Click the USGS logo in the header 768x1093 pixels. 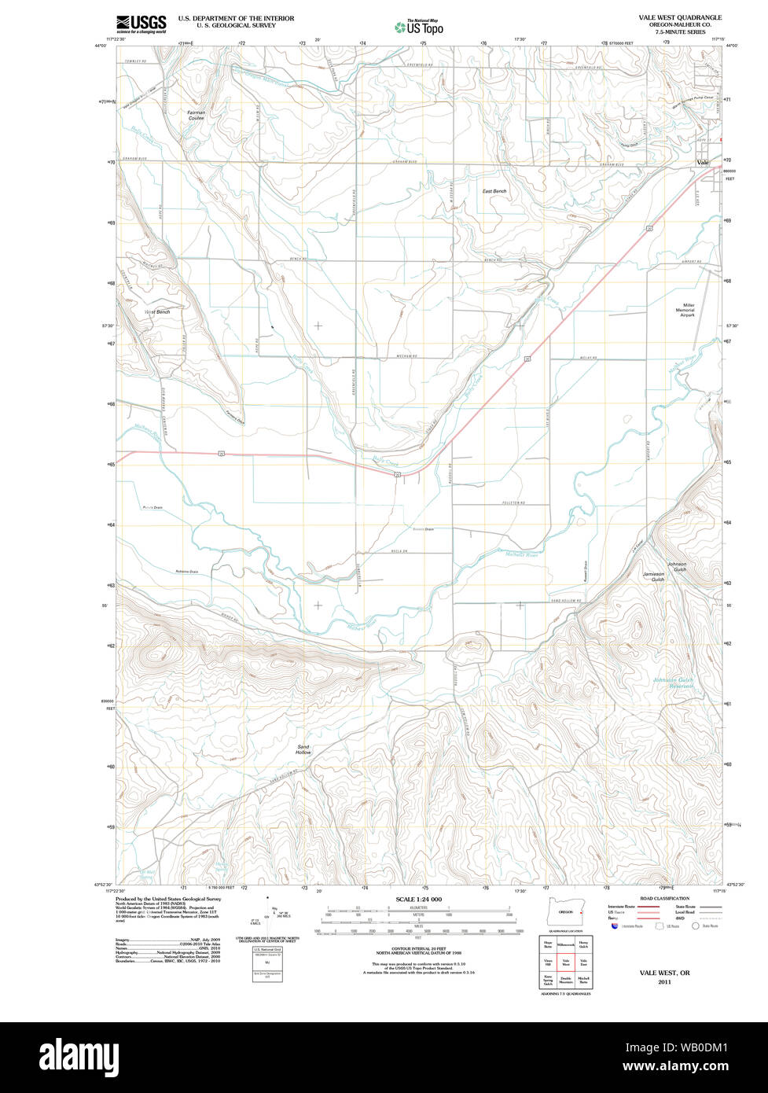(x=141, y=24)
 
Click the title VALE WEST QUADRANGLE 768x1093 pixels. (x=679, y=17)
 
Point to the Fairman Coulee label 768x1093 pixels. (x=196, y=115)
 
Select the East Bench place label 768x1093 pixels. (x=494, y=191)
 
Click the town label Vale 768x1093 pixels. (x=702, y=163)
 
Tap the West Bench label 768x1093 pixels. (x=157, y=312)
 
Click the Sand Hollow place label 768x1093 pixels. (x=303, y=749)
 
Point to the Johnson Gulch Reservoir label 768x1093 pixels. (x=674, y=683)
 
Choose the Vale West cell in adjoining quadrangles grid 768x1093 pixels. (x=566, y=962)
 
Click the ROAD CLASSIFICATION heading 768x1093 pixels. (x=664, y=899)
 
